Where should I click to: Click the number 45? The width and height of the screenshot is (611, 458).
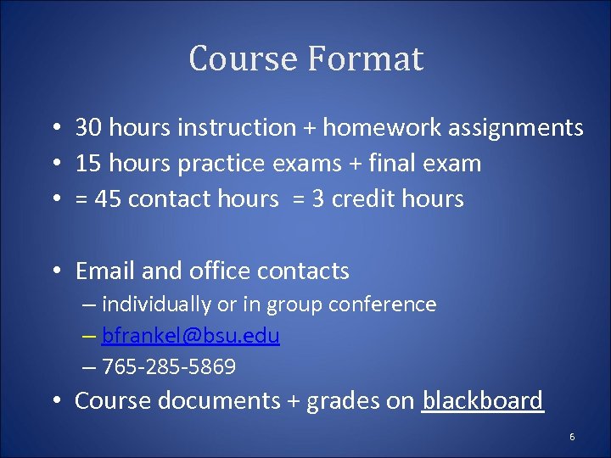pyautogui.click(x=107, y=199)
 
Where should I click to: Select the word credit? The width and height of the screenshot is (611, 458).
pyautogui.click(x=366, y=199)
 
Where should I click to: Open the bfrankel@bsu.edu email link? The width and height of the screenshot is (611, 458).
pyautogui.click(x=190, y=336)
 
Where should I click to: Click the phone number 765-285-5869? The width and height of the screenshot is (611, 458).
pyautogui.click(x=168, y=367)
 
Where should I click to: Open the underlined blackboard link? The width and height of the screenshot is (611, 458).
pyautogui.click(x=482, y=400)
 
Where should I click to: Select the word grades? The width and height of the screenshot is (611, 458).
pyautogui.click(x=339, y=401)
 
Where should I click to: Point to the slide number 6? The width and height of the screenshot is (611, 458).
pyautogui.click(x=572, y=437)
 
